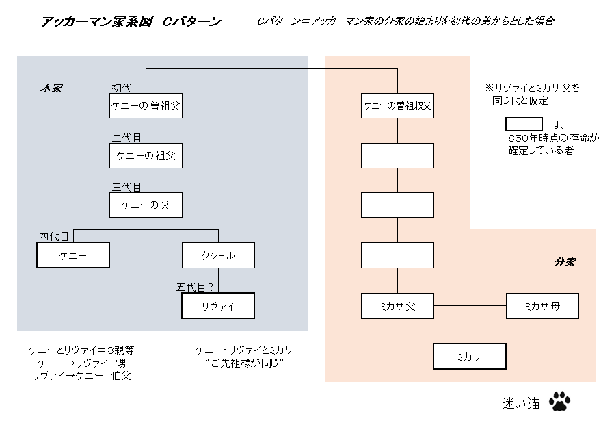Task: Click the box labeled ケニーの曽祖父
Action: [146, 105]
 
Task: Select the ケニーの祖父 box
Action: [146, 155]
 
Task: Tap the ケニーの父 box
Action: [146, 205]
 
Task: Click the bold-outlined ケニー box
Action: [73, 255]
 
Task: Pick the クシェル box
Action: [219, 255]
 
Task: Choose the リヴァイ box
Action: [218, 306]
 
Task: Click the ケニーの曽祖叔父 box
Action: [397, 105]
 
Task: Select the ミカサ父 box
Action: [397, 306]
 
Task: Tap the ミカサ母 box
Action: [542, 306]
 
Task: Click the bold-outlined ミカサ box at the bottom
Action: [470, 357]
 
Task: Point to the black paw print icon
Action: [559, 401]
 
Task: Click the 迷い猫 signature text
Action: [521, 402]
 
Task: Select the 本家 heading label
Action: [51, 88]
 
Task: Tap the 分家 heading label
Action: [565, 262]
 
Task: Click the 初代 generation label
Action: [122, 88]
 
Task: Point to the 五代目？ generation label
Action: [195, 287]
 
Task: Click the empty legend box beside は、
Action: [524, 125]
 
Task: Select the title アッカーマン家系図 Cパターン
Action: [131, 21]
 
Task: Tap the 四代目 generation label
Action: [53, 236]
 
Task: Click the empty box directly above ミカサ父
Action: [397, 255]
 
